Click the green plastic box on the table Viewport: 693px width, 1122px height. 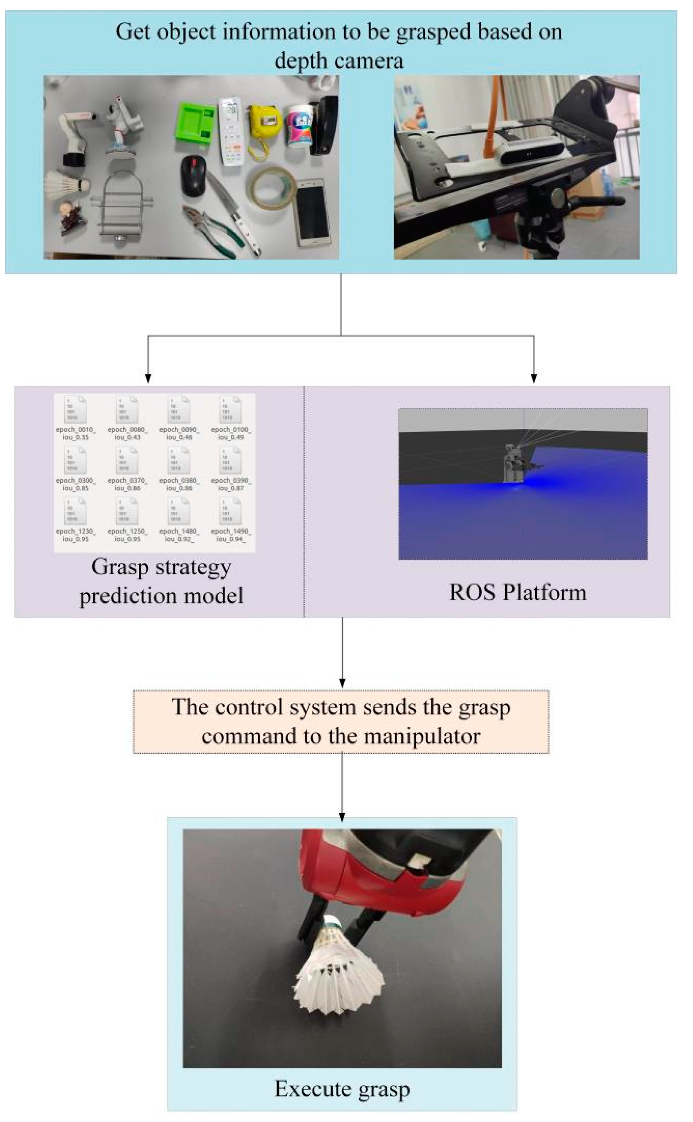coord(194,123)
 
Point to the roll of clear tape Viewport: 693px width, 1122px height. coord(271,188)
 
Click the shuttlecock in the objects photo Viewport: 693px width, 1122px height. coord(65,185)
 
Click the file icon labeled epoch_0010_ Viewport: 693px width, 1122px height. coord(75,409)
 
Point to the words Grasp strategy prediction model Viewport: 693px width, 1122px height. coord(161,581)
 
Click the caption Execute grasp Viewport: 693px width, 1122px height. coord(342,1089)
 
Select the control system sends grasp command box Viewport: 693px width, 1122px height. coord(341,721)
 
